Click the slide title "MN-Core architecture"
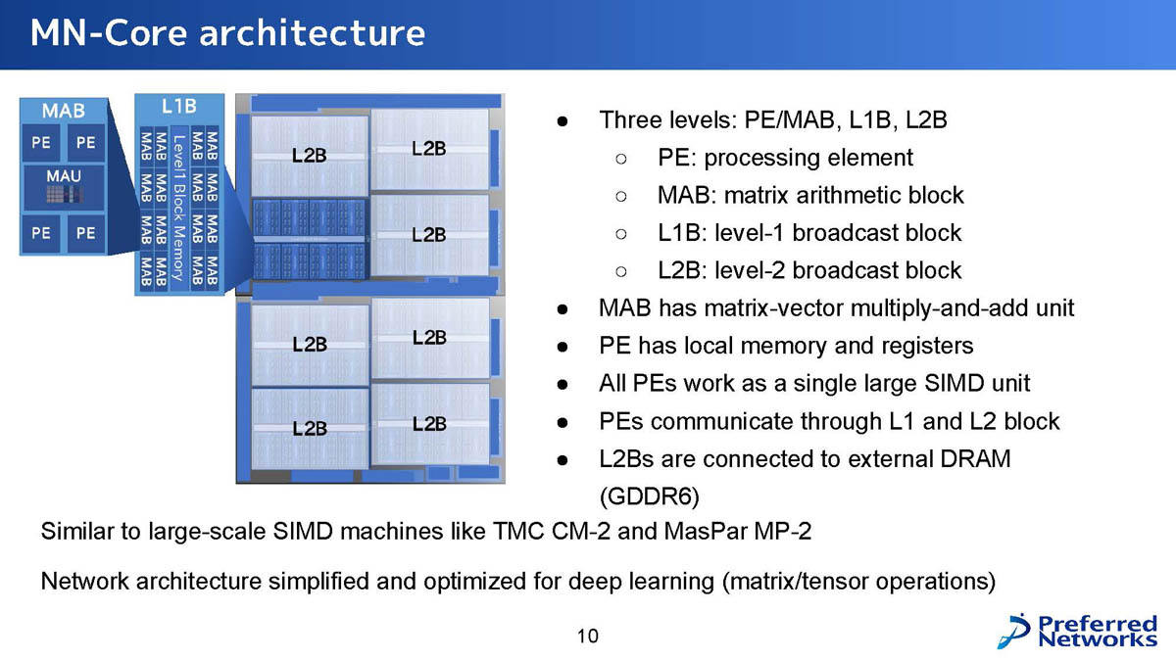pyautogui.click(x=227, y=32)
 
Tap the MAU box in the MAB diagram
pyautogui.click(x=64, y=187)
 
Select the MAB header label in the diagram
pyautogui.click(x=64, y=111)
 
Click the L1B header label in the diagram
pyautogui.click(x=179, y=107)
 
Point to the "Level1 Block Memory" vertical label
pyautogui.click(x=179, y=209)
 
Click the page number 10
pyautogui.click(x=587, y=636)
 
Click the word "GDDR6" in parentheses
pyautogui.click(x=650, y=496)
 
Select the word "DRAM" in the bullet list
pyautogui.click(x=975, y=458)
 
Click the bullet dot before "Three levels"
pyautogui.click(x=563, y=121)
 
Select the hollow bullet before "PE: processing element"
pyautogui.click(x=621, y=159)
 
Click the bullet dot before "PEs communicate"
pyautogui.click(x=563, y=422)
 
